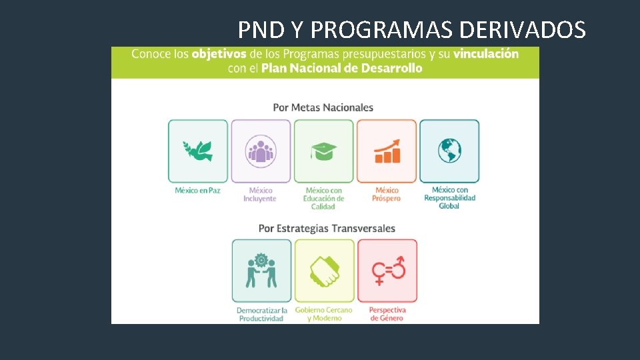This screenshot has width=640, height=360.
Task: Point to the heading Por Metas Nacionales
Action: tap(323, 107)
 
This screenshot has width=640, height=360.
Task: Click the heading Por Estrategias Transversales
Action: tap(327, 229)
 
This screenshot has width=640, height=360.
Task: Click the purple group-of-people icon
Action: tap(261, 151)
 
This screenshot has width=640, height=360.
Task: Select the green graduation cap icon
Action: tap(323, 151)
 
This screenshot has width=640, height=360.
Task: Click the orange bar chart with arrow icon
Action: tap(387, 151)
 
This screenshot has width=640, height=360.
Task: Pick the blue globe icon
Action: tap(449, 151)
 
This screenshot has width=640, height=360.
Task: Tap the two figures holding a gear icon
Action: tap(262, 271)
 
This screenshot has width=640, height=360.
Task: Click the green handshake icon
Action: tap(324, 271)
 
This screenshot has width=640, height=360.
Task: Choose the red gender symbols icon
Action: tap(387, 271)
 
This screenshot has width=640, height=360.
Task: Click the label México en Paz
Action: tap(198, 191)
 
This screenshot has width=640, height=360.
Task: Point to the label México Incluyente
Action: tap(260, 195)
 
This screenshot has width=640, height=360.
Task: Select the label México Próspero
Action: tap(387, 195)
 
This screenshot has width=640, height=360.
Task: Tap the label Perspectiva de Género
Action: tap(387, 314)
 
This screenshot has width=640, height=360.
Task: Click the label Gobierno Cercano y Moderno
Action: tap(324, 314)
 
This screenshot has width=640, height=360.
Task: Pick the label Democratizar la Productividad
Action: tap(262, 314)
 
